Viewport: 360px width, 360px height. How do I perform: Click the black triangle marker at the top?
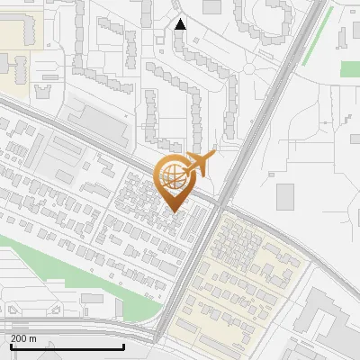pyautogui.click(x=181, y=24)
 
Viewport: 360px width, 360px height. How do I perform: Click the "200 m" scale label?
pyautogui.click(x=23, y=338)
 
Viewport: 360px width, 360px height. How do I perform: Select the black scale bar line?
pyautogui.click(x=67, y=346)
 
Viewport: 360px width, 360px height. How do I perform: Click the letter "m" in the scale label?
pyautogui.click(x=32, y=338)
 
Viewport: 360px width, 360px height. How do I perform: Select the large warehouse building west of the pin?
pyautogui.click(x=98, y=125)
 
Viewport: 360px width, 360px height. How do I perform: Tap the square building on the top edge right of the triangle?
pyautogui.click(x=212, y=6)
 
